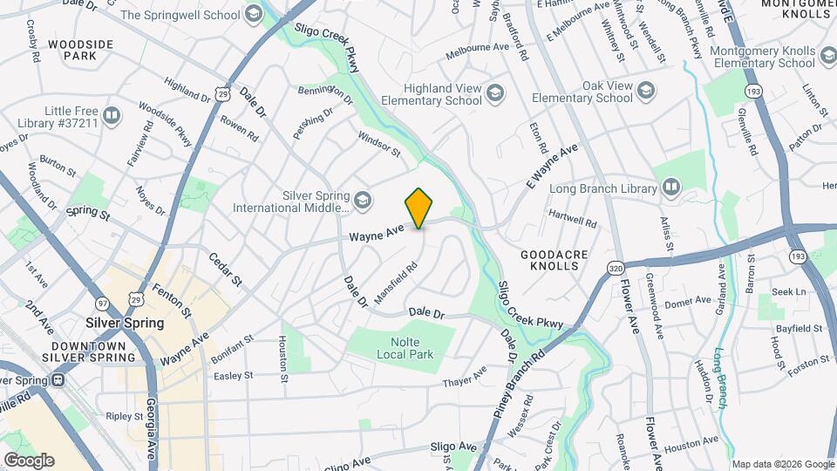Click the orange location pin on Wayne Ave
tap(419, 208)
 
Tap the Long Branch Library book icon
tap(670, 187)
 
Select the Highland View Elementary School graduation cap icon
tap(494, 92)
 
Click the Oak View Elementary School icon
tap(646, 91)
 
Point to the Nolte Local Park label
tap(399, 347)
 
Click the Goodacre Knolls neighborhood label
tap(554, 259)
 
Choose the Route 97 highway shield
tap(104, 302)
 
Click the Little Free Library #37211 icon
tap(112, 115)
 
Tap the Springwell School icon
tap(253, 14)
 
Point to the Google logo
tap(29, 460)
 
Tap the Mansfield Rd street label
tap(398, 283)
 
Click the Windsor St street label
tap(378, 144)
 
